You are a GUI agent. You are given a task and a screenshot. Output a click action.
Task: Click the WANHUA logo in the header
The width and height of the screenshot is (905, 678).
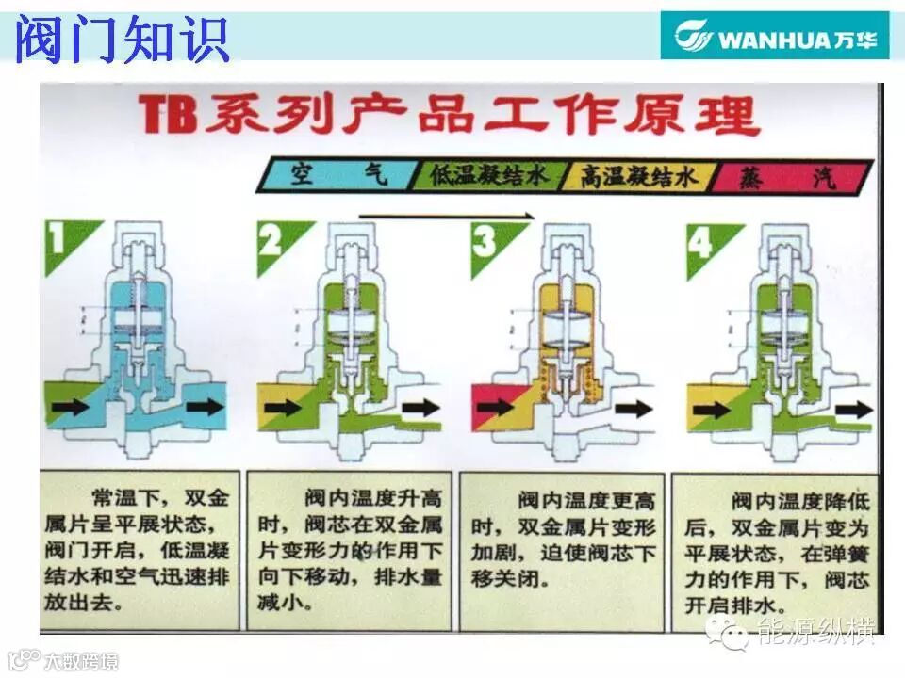tap(775, 37)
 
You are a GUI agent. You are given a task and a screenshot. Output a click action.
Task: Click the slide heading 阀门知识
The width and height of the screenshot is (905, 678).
tap(123, 40)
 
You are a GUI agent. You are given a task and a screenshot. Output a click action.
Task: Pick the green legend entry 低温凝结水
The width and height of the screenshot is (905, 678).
tap(489, 176)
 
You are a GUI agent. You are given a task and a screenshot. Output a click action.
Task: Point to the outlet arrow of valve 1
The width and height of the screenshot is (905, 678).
tap(205, 408)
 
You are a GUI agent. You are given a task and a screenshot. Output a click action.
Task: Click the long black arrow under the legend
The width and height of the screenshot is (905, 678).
tap(447, 215)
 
